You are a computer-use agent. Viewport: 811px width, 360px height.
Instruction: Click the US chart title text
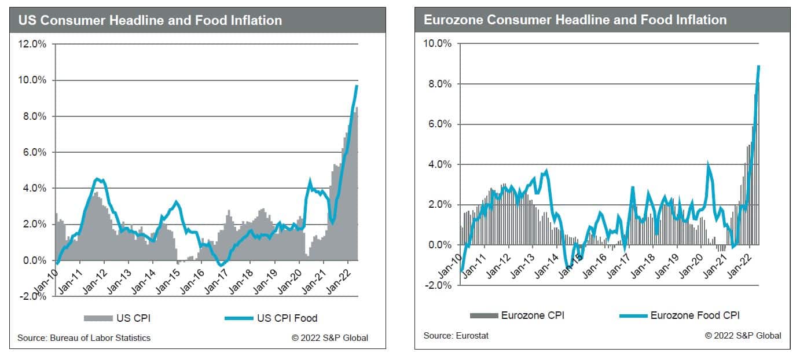150,21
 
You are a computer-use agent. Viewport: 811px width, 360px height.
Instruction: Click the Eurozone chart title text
575,20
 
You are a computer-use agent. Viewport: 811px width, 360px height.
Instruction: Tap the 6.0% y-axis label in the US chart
35,152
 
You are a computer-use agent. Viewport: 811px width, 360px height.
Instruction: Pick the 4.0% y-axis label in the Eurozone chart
438,164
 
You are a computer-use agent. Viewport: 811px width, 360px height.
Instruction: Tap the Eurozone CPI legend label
533,315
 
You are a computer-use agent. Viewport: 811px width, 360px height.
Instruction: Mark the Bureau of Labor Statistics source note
84,338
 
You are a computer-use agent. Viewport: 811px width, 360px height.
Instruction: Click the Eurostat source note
456,336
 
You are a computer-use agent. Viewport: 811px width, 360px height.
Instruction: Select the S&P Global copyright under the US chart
329,338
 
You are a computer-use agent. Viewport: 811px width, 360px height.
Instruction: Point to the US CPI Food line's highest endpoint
357,86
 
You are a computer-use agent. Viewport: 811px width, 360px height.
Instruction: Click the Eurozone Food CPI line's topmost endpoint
758,66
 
